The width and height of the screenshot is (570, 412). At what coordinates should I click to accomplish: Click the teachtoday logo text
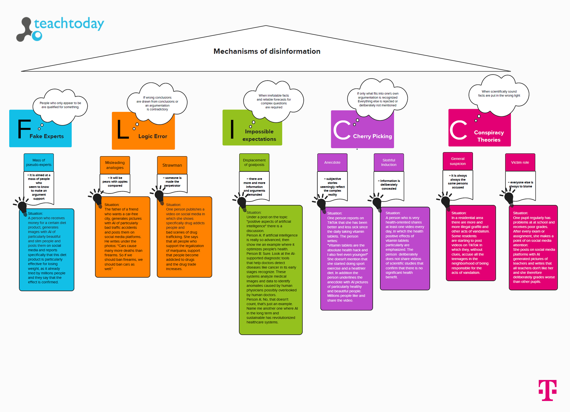click(x=69, y=24)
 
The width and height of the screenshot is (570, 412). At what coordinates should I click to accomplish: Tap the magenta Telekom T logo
click(x=547, y=390)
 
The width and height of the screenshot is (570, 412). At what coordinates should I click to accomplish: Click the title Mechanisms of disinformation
click(x=267, y=51)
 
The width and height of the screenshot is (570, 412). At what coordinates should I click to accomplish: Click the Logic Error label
click(x=153, y=136)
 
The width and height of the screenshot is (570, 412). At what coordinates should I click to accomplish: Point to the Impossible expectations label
click(x=259, y=135)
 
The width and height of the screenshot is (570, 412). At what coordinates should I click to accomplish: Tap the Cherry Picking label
click(x=372, y=136)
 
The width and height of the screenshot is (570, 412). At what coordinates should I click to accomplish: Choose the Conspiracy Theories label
click(x=489, y=136)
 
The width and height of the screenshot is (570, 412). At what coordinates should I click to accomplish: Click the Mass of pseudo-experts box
click(x=39, y=162)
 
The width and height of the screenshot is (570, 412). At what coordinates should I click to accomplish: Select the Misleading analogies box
click(x=115, y=165)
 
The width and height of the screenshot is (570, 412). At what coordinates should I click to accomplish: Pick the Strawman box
click(x=172, y=165)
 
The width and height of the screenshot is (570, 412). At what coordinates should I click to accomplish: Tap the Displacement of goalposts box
click(x=254, y=162)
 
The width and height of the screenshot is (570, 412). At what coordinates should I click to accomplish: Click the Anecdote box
click(x=332, y=162)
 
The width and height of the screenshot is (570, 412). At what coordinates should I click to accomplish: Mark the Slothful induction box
click(x=389, y=162)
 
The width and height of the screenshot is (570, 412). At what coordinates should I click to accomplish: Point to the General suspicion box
click(x=457, y=161)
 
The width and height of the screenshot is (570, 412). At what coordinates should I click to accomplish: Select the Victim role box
click(x=520, y=162)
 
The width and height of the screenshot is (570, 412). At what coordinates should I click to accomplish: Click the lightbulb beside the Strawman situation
click(x=159, y=196)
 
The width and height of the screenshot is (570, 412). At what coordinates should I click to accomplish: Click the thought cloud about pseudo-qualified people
click(x=60, y=105)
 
